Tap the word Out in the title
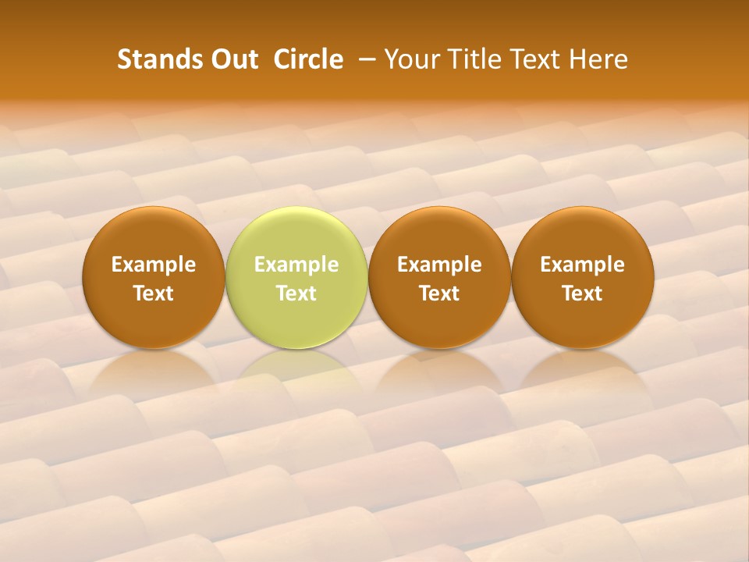(233, 59)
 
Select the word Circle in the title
(308, 59)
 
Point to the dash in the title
(364, 59)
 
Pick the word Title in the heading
(470, 59)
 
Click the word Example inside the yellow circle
(296, 265)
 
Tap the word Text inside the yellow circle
(296, 293)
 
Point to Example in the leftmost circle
(154, 265)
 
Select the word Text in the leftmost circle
(154, 293)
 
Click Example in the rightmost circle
(583, 265)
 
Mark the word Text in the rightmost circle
(583, 293)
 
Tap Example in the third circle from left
(439, 265)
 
